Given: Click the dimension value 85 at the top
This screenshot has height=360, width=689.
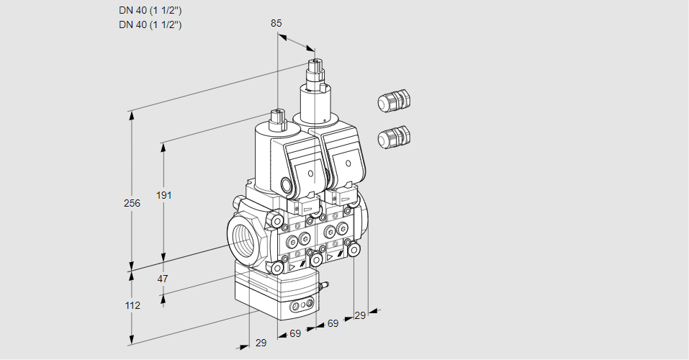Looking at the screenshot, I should click(276, 23).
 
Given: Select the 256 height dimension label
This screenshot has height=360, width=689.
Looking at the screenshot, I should click(132, 203).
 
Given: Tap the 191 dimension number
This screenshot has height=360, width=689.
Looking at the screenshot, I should click(166, 195).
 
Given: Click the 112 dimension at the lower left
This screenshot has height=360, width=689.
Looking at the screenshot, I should click(132, 305).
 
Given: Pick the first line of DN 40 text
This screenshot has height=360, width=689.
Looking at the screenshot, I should click(150, 11).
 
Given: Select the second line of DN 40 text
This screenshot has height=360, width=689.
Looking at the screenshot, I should click(150, 24).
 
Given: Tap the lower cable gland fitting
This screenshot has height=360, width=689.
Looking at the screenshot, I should click(393, 136).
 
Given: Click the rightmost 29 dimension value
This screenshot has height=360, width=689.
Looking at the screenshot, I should click(360, 316).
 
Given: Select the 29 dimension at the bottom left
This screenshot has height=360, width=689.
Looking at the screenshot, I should click(261, 343).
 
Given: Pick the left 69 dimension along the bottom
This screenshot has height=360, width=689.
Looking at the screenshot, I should click(295, 333).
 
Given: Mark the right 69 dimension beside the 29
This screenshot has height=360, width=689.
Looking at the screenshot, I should click(332, 324).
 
